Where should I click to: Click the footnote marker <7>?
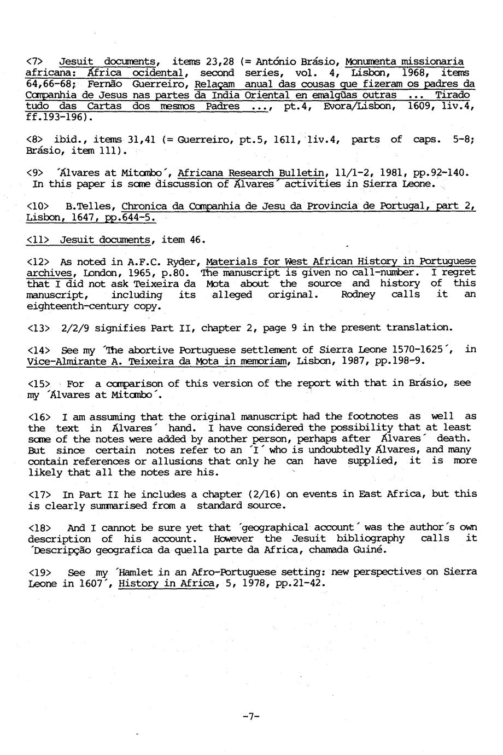tap(34, 61)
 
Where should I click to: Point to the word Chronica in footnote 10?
tap(144, 206)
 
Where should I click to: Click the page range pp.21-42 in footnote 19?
tap(299, 583)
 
